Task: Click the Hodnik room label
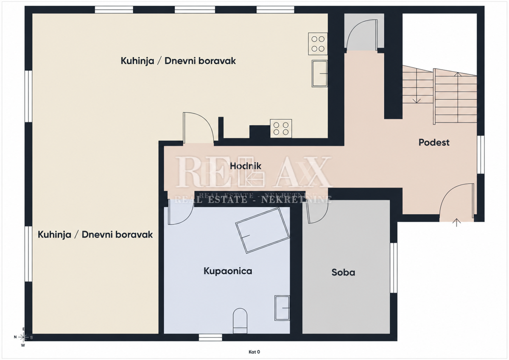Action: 246,166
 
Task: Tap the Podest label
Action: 434,142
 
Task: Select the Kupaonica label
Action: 228,271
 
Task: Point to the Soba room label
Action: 343,272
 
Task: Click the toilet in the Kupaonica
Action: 240,321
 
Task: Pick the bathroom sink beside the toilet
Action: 282,308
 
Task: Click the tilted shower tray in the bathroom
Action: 263,230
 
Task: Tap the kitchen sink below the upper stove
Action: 319,74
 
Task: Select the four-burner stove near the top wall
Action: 318,44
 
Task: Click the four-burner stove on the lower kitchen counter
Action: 281,128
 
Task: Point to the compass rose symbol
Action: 23,337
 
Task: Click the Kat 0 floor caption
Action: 254,352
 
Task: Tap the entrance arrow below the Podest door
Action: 456,223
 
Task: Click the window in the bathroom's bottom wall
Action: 210,337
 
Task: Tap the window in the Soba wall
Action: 394,268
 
